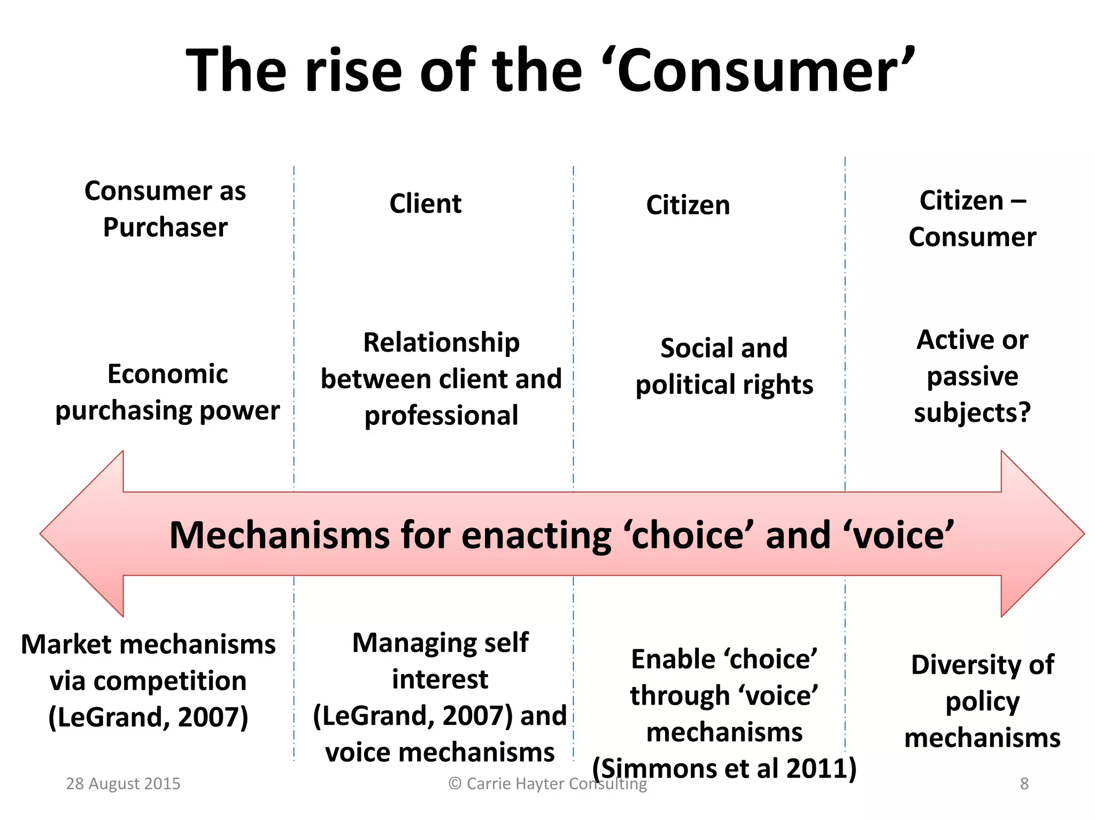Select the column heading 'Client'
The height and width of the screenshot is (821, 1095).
tap(425, 204)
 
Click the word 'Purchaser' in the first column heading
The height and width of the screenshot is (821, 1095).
tap(165, 228)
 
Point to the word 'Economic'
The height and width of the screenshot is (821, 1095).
tap(167, 374)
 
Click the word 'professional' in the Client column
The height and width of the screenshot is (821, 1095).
tap(441, 416)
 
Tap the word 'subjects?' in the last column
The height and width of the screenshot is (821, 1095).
tap(972, 413)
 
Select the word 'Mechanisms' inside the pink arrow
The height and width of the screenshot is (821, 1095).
tap(280, 535)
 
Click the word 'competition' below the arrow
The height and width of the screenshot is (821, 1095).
tap(148, 681)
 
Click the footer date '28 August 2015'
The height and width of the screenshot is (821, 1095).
tap(123, 784)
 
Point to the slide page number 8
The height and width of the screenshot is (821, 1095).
tap(1024, 784)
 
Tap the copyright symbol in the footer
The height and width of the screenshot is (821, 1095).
tap(454, 784)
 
